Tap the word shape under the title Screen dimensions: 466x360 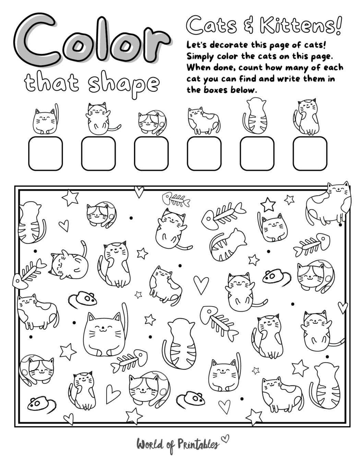[x=124, y=83]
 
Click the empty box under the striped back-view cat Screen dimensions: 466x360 [x=257, y=153]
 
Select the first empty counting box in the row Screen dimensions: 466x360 [x=45, y=153]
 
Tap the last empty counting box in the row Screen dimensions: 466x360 [x=310, y=153]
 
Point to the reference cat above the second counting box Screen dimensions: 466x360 [x=99, y=118]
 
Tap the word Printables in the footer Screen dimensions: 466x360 [x=198, y=444]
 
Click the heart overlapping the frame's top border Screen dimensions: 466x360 [x=139, y=191]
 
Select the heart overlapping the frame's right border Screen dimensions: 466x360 [x=343, y=307]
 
